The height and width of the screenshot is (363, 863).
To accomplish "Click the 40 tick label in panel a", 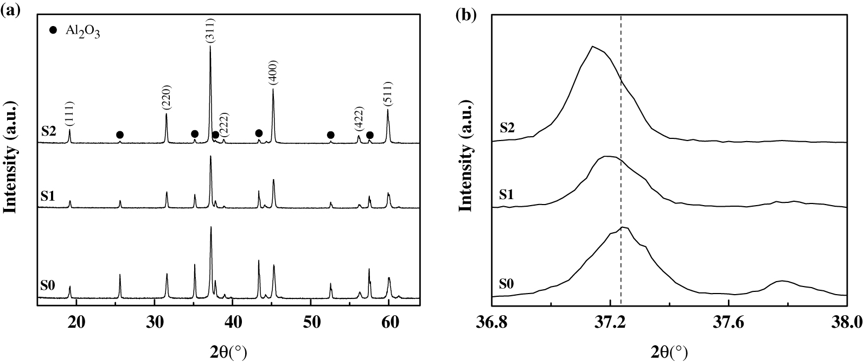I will click(x=233, y=321).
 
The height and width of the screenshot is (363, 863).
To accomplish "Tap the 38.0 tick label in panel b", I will click(x=846, y=321).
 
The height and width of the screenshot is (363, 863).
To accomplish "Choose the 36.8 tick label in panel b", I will click(x=491, y=321).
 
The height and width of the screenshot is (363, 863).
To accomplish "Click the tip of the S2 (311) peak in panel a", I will click(x=210, y=47).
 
